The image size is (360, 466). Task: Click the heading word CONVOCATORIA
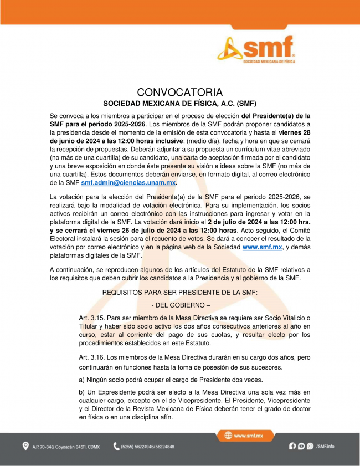point(179,92)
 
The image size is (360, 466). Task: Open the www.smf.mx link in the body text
point(263,247)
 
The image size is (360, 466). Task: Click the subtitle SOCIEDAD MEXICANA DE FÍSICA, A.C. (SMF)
point(179,103)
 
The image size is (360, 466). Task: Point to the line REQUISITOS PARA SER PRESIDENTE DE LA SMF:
point(179,291)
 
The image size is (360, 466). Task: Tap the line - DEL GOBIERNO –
point(180,305)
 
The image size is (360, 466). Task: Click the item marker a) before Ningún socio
point(83,380)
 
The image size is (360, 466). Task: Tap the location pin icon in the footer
point(25,446)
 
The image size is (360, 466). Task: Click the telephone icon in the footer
point(116,446)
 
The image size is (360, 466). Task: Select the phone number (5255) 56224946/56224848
point(148,447)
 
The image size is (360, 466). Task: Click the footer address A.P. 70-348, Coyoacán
point(65,447)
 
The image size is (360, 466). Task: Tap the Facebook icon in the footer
point(292,446)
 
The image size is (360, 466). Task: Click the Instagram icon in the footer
point(310,446)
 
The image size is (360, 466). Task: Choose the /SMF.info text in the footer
point(326,446)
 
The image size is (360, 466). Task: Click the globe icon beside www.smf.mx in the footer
point(228,436)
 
